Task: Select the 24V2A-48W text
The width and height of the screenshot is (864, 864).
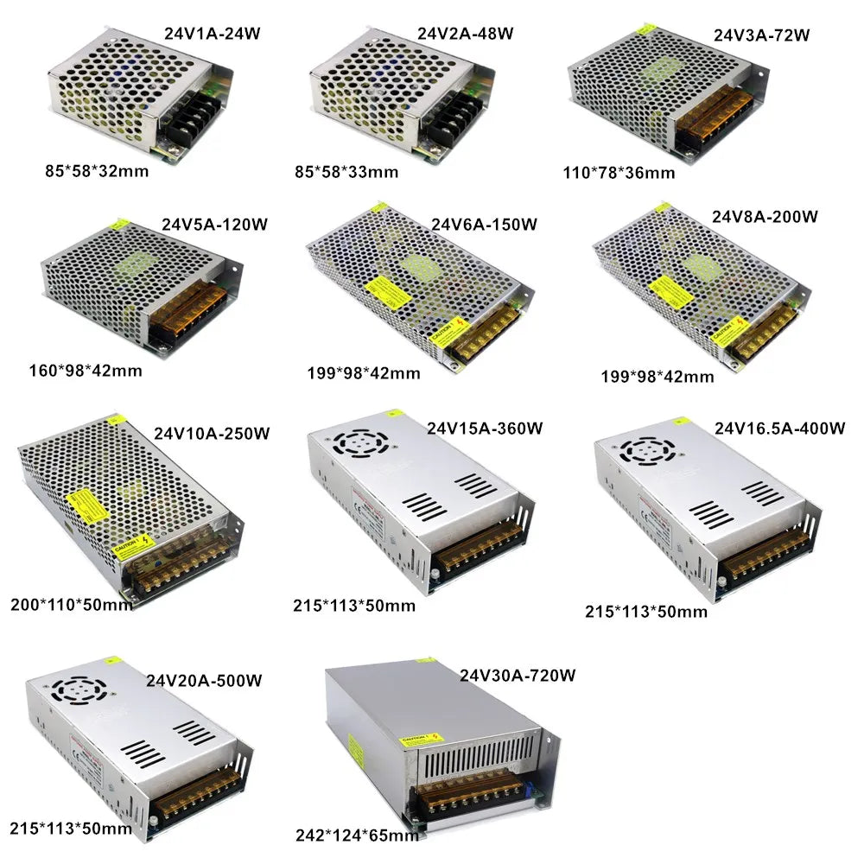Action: coord(466,34)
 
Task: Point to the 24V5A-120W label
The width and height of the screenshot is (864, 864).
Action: coord(214,224)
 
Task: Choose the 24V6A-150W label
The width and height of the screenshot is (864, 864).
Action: coord(485,225)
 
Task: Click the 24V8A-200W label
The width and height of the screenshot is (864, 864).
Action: coord(765,216)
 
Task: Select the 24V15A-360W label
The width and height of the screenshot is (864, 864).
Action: coord(485,428)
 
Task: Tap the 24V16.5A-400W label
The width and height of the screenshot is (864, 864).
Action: coord(779,428)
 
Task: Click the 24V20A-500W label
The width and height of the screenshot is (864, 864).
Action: coord(204,680)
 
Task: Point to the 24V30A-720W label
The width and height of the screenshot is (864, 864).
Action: coord(518,674)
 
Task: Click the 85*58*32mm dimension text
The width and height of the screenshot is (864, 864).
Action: coord(97,170)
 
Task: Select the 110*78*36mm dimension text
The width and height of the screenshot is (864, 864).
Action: coord(614,172)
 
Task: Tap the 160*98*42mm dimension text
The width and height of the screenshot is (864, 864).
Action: coord(85,371)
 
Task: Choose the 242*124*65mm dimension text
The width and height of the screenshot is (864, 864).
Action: coord(356,835)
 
